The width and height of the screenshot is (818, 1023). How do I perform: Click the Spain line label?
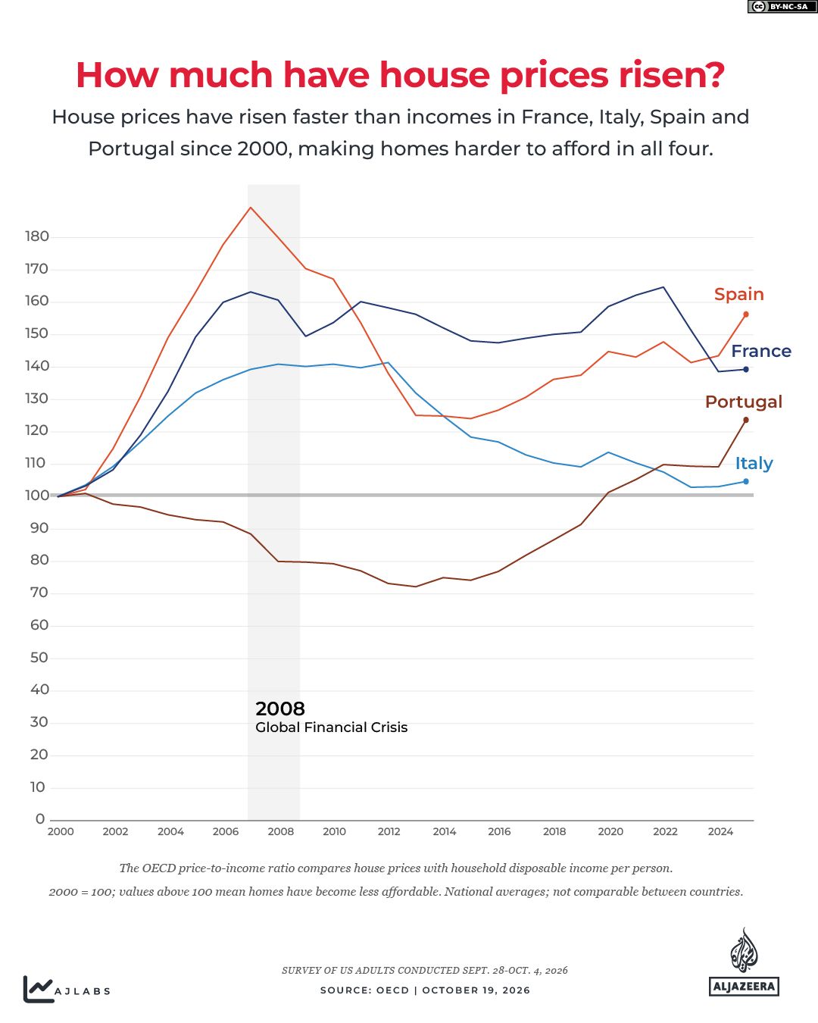[x=738, y=294]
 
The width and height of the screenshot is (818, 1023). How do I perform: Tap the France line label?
[x=761, y=351]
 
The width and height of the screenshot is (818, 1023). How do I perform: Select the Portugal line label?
[x=743, y=402]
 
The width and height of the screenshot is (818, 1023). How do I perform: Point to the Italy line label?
[x=754, y=463]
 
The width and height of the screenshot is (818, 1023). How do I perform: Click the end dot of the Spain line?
[x=746, y=314]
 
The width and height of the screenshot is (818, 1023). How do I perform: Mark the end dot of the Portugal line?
[x=746, y=420]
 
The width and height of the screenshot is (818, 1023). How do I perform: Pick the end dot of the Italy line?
[x=746, y=481]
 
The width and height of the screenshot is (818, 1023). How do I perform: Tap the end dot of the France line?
[x=746, y=369]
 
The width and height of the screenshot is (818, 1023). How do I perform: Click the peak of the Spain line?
[x=251, y=208]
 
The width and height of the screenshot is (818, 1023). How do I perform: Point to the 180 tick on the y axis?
[x=37, y=236]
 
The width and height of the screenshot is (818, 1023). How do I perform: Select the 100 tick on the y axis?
[x=37, y=496]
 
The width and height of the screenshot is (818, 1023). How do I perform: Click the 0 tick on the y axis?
[x=40, y=818]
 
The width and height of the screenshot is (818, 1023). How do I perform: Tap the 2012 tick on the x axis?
[x=389, y=831]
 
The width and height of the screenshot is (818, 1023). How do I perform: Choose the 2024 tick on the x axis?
[x=720, y=831]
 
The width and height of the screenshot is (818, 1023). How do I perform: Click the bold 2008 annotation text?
[x=280, y=709]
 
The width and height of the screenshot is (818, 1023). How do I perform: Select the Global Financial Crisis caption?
[x=331, y=727]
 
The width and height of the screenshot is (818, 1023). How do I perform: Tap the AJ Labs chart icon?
[x=38, y=989]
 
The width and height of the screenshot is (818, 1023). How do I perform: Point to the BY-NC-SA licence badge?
[x=782, y=6]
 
